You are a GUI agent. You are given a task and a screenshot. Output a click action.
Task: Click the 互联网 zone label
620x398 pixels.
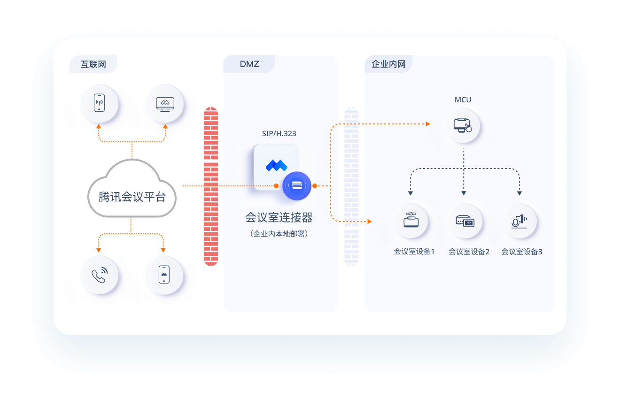point(93,64)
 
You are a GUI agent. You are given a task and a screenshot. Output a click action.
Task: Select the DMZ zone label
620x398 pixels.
point(249,64)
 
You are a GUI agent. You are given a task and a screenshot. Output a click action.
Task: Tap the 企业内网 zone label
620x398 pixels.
point(388,64)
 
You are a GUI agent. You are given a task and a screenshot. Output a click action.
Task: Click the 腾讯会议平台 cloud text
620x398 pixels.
point(132,197)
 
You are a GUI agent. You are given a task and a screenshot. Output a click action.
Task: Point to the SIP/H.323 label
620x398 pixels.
point(279,134)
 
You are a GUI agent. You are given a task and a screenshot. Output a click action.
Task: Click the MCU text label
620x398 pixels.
point(463,99)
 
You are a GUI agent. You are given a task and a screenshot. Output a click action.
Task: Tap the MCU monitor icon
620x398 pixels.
point(463,125)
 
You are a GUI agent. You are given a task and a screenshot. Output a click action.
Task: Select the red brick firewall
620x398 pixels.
point(211,186)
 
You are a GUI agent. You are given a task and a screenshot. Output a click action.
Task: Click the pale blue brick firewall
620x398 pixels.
point(351,186)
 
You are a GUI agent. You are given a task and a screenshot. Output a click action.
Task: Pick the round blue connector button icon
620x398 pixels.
point(297,185)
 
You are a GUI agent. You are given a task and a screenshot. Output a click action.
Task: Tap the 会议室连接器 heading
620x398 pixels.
point(279,218)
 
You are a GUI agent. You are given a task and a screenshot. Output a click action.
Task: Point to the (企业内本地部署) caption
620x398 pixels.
point(279,234)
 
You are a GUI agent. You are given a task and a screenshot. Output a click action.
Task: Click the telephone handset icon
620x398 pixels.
point(100,275)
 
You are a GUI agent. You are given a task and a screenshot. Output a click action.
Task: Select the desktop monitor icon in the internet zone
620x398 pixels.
point(165,104)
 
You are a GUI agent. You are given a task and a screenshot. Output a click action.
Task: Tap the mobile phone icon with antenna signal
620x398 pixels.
point(100,103)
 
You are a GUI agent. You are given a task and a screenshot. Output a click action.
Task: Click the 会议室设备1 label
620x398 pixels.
point(414,252)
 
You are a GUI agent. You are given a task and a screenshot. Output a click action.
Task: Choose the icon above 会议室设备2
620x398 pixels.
point(465,221)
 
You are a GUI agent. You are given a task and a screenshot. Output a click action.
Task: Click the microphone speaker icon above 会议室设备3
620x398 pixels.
point(519,221)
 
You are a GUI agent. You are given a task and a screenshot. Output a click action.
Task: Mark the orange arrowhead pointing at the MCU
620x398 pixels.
point(428,124)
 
